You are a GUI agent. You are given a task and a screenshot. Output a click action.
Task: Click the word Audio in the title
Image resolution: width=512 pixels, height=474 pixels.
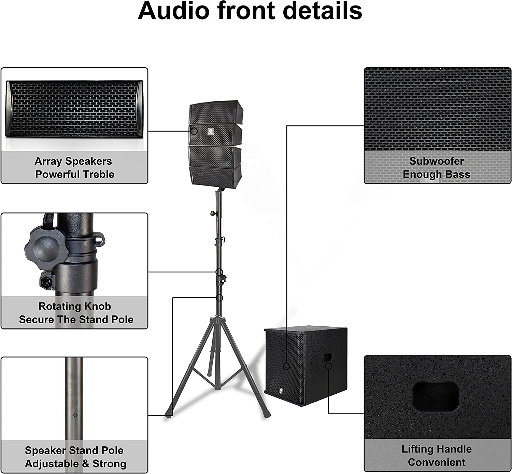click(x=173, y=11)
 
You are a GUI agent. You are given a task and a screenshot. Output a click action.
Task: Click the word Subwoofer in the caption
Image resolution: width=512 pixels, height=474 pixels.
click(x=437, y=161)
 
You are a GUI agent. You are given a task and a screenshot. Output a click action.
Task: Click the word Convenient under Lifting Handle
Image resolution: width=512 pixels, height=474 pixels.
click(x=437, y=462)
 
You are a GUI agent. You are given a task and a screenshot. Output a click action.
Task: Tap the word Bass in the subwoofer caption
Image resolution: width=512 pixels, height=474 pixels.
click(x=458, y=174)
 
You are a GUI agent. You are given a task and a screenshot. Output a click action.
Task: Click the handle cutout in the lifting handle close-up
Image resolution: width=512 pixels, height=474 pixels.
click(x=436, y=396)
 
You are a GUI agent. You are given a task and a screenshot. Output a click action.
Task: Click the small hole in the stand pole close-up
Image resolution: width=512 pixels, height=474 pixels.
click(x=75, y=415)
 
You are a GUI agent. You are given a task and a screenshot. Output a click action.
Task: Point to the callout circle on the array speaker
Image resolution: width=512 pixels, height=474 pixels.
click(x=194, y=131)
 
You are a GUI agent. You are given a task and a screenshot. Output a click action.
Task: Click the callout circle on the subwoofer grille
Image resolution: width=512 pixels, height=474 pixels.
click(x=286, y=366)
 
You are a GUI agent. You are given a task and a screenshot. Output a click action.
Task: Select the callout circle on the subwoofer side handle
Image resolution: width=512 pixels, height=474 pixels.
click(x=328, y=366)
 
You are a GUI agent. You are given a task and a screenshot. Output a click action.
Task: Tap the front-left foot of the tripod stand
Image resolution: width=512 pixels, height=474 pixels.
click(x=168, y=415)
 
